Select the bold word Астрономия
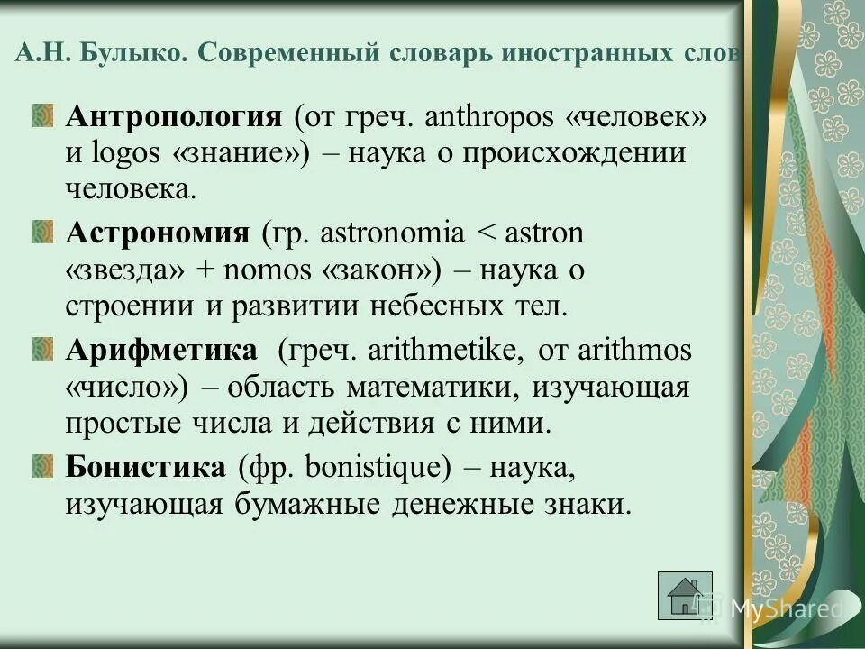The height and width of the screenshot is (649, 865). (157, 233)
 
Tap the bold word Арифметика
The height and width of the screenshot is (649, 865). (161, 351)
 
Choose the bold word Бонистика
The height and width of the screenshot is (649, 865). (145, 467)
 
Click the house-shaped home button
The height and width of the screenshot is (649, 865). (685, 596)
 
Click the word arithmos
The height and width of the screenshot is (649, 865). (636, 352)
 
